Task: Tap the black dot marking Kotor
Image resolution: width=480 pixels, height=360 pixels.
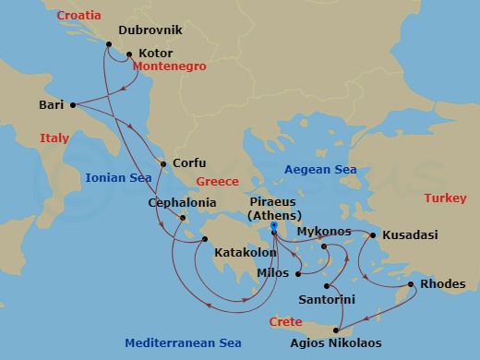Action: point(129,54)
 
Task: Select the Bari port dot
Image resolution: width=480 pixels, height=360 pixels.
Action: point(73,105)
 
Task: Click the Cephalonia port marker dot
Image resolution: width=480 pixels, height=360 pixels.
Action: point(184,219)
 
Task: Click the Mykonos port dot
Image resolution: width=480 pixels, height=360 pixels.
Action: point(325,246)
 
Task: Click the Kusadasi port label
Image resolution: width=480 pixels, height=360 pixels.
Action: point(410,234)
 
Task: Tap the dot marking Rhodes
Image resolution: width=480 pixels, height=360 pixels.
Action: point(412,284)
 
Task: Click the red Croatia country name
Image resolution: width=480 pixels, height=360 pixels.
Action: point(78,16)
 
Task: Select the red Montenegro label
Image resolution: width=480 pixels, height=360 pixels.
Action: point(168,67)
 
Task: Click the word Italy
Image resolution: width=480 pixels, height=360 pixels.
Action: point(54,138)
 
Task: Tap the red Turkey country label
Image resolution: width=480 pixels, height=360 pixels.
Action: point(445,198)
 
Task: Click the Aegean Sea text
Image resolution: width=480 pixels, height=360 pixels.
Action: point(319,170)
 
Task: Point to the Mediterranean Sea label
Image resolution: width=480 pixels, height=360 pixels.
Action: point(184,343)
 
